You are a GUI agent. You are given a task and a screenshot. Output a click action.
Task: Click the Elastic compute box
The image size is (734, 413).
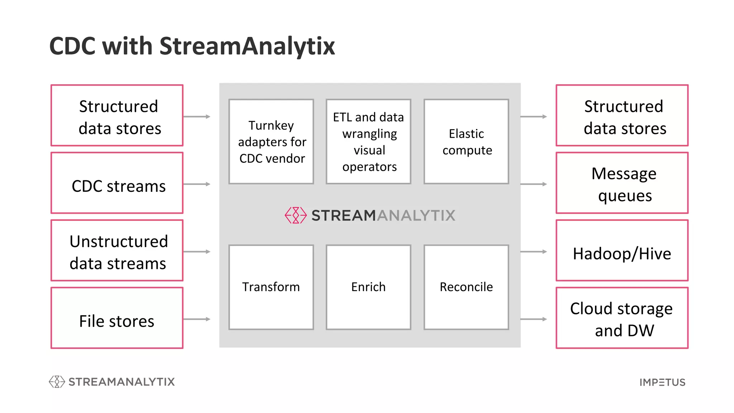pos(466,142)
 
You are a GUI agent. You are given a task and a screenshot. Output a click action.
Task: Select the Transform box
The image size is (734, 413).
pos(271,287)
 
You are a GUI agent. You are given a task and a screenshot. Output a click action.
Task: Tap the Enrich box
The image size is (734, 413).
pos(368,287)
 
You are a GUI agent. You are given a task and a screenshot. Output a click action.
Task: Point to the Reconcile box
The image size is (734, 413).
pos(466,287)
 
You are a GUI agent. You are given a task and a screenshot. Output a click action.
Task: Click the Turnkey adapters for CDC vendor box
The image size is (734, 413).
pos(271,142)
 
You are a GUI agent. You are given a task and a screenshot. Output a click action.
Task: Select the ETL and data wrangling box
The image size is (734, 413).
pos(368,142)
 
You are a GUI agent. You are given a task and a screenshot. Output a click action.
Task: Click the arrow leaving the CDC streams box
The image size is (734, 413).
pos(197,184)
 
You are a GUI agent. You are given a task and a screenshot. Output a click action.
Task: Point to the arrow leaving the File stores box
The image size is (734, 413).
pos(197,319)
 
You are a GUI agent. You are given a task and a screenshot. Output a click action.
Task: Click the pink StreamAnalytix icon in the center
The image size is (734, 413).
pos(296,215)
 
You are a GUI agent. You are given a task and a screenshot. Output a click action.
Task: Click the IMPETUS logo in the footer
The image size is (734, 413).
pos(662,382)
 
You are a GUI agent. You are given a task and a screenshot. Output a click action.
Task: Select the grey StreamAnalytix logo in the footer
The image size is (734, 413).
pos(112,382)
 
